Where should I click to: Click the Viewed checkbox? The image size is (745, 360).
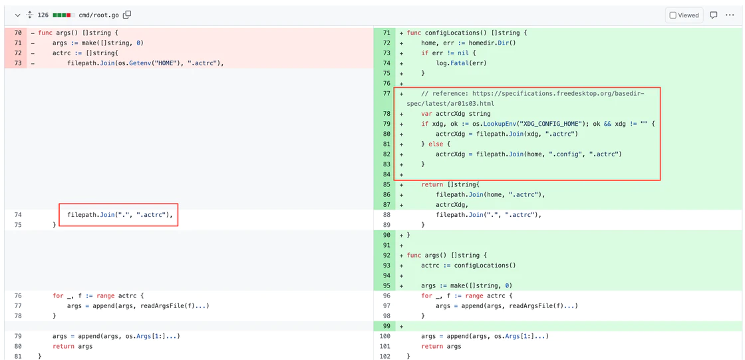tap(672, 15)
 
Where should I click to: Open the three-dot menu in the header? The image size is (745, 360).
tap(730, 15)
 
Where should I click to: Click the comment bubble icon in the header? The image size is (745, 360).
tap(713, 15)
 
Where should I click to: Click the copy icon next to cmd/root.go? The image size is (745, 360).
tap(127, 15)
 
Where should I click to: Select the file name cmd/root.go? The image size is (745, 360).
tap(99, 15)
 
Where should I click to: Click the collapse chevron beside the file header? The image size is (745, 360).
tap(17, 15)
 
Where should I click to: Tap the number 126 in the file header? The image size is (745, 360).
tap(43, 15)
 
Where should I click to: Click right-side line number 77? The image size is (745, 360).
tap(386, 94)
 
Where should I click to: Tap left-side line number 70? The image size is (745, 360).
tap(18, 33)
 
